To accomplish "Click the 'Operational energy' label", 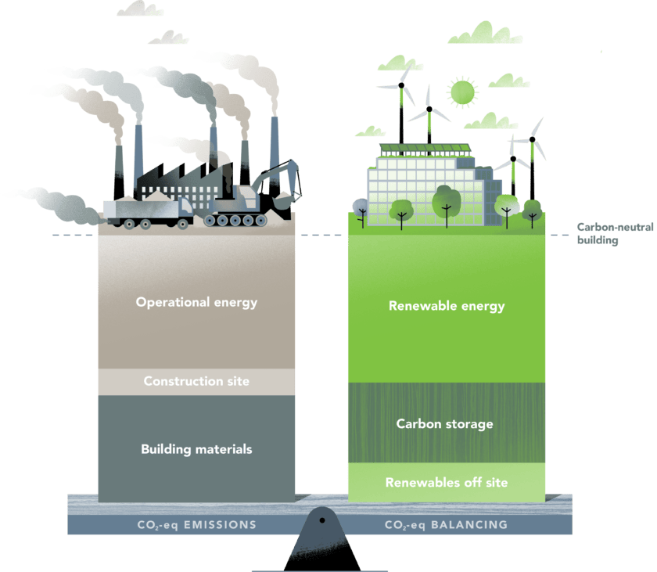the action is click(196, 303).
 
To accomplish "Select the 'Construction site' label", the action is click(196, 381).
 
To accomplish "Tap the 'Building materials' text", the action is click(196, 449).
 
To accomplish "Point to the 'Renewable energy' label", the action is click(447, 306).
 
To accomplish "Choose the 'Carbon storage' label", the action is click(444, 424).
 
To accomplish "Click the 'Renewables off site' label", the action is click(447, 482).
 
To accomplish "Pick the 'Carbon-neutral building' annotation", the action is click(615, 233).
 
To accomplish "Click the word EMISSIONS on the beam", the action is click(220, 524).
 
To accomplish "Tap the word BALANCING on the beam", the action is click(469, 524).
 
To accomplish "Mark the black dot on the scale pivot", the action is click(321, 520).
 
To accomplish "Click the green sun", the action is click(462, 92).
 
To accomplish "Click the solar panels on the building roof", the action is click(425, 149).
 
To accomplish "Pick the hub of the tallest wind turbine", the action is click(401, 85).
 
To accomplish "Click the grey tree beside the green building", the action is click(360, 208).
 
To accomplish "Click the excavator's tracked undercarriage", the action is click(235, 221).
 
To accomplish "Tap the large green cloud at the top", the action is click(486, 33).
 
